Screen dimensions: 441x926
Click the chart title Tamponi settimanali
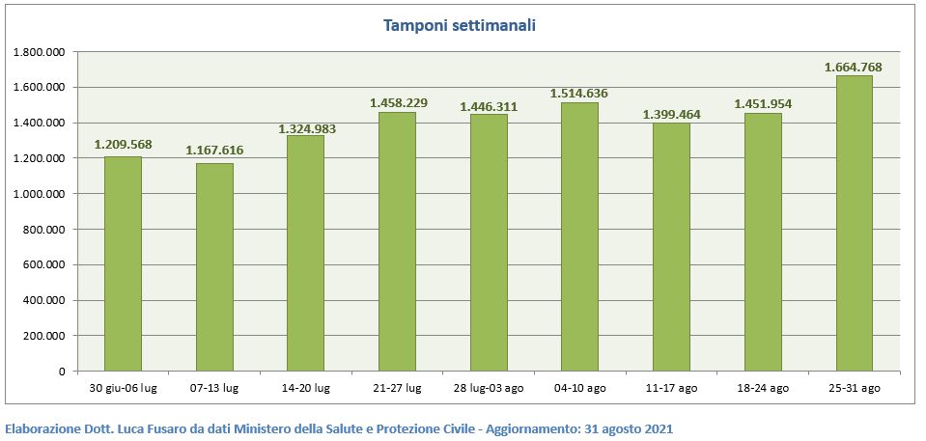coord(460,25)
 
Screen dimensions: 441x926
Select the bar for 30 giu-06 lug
coord(123,263)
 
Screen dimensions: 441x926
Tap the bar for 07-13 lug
coord(214,267)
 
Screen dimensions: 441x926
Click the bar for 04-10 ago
coord(579,236)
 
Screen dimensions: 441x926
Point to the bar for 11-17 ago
coord(670,247)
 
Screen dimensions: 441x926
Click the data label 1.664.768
coord(854,68)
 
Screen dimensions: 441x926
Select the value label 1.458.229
coord(398,103)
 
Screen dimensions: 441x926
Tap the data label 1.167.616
coord(214,151)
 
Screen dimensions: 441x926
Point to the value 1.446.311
coord(489,105)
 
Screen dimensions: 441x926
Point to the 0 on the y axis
coord(61,372)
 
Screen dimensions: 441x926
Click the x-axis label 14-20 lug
coord(305,388)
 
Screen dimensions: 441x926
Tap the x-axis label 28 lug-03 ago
coord(489,388)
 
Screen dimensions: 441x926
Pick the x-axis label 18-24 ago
coord(762,388)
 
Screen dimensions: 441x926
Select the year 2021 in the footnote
coord(656,428)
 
